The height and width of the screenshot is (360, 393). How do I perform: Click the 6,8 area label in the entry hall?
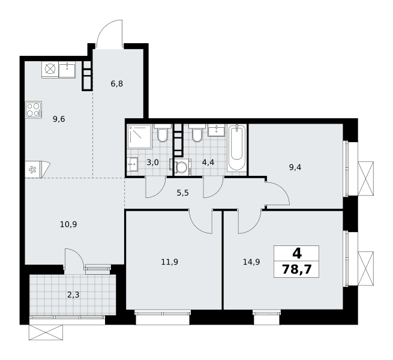click(117, 83)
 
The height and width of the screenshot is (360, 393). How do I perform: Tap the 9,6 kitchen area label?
click(59, 119)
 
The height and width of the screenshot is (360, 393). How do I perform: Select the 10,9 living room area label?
click(68, 224)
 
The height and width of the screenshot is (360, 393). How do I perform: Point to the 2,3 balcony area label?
click(73, 295)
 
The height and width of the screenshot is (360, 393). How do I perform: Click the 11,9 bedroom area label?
click(170, 262)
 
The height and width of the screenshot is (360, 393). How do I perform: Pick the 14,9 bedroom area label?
click(251, 262)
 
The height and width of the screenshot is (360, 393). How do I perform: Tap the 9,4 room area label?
click(295, 167)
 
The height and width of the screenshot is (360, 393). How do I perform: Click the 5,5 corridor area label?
click(183, 193)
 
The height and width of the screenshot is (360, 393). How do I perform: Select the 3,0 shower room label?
click(152, 163)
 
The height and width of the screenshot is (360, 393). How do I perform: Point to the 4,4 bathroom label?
click(208, 163)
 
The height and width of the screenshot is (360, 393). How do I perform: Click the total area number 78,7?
click(297, 270)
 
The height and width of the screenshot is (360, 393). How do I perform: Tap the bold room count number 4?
click(297, 254)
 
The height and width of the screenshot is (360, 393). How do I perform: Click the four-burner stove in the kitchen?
click(34, 110)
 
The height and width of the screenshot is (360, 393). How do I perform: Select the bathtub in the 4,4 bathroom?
click(237, 148)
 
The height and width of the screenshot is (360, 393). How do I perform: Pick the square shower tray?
click(139, 136)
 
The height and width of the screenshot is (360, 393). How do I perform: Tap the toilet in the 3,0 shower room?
click(163, 133)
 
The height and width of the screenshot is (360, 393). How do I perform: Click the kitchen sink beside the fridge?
click(67, 70)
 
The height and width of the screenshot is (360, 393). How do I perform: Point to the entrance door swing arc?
click(108, 32)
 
